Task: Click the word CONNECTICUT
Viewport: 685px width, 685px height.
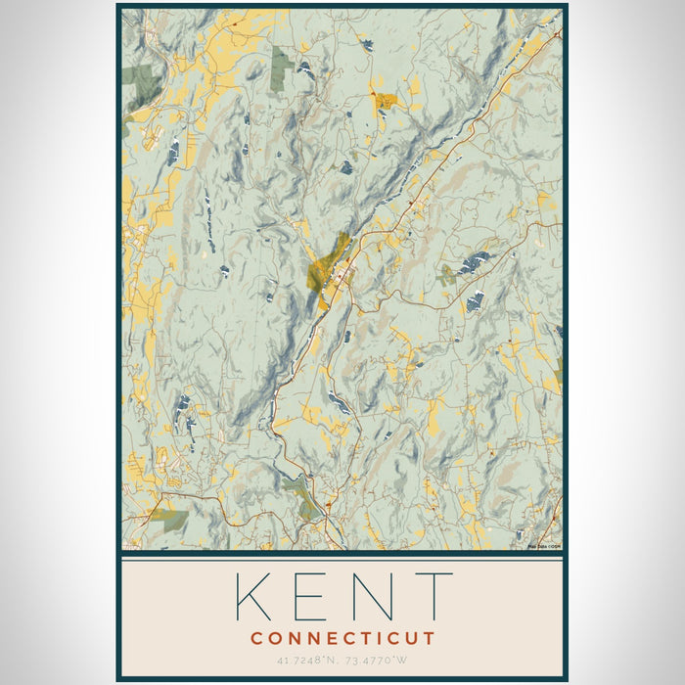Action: [342, 639]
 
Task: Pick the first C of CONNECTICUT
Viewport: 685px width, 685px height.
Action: [255, 639]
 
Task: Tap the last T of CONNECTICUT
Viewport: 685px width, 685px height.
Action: [430, 639]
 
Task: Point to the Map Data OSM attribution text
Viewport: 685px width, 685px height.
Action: [543, 546]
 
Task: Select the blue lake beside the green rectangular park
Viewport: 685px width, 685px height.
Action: [305, 68]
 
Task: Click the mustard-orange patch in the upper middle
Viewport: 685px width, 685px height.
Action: [385, 100]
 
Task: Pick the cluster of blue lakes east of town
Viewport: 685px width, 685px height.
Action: [476, 262]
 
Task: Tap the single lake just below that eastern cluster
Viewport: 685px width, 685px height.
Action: [475, 301]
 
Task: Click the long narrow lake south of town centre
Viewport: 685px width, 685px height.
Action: [338, 401]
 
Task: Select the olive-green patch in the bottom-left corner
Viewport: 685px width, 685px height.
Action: [168, 519]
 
